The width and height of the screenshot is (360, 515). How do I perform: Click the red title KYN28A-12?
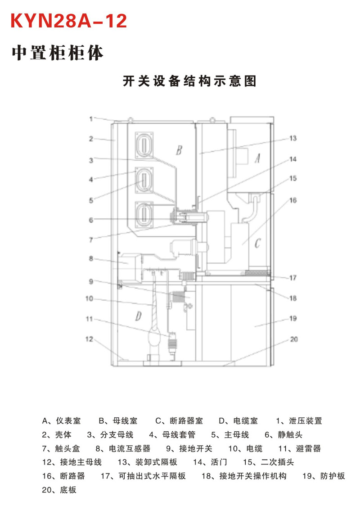(x=69, y=21)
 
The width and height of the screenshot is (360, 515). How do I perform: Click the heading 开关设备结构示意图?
(x=190, y=81)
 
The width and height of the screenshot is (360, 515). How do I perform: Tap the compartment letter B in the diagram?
(x=179, y=150)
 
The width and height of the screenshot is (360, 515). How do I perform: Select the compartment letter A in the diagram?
(x=257, y=158)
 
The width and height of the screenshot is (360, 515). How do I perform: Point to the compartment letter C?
(x=257, y=243)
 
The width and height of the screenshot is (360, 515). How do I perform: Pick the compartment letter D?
(x=139, y=316)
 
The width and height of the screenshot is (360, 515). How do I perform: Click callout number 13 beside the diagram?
(x=293, y=138)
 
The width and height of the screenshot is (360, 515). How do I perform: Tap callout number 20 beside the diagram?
(x=294, y=339)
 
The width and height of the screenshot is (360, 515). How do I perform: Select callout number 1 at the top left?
(x=91, y=118)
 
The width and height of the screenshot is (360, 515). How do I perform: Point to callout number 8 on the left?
(x=91, y=258)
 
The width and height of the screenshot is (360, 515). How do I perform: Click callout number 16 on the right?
(x=293, y=200)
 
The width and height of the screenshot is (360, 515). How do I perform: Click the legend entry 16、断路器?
(x=63, y=476)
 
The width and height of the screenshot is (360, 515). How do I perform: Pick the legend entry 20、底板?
(x=59, y=490)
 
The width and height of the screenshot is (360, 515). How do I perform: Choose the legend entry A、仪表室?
(x=61, y=421)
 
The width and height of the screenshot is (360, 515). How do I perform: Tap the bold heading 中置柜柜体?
(x=58, y=53)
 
